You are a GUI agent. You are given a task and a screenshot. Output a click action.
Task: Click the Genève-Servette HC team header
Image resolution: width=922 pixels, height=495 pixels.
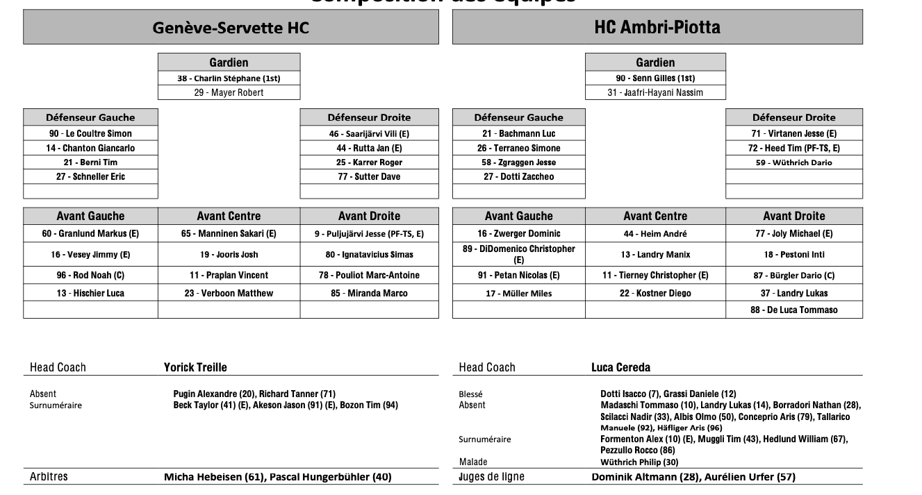point(231,28)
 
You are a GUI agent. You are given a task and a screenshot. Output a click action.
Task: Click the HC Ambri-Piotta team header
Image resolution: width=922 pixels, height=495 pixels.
point(657,28)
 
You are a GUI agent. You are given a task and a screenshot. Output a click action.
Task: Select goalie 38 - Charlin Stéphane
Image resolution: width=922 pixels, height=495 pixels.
point(229,78)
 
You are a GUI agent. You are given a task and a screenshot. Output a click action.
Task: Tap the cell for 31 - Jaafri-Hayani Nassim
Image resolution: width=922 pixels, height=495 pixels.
point(655,92)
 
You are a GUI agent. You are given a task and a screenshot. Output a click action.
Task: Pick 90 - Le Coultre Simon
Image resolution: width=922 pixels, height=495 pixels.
point(90,133)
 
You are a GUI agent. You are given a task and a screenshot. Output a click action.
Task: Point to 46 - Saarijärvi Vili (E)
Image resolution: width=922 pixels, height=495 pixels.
point(369,133)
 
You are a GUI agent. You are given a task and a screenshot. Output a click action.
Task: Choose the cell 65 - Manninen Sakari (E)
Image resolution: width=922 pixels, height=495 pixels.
point(229,234)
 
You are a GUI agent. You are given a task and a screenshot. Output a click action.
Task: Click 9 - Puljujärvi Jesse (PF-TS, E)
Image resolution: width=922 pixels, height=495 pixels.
point(369,234)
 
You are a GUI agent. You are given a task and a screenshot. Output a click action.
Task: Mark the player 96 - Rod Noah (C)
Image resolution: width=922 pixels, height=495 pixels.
point(90,275)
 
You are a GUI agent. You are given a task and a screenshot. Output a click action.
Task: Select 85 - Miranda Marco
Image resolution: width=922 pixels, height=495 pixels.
point(369,293)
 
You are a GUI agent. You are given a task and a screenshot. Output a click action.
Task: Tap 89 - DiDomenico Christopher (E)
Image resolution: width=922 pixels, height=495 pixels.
point(518,254)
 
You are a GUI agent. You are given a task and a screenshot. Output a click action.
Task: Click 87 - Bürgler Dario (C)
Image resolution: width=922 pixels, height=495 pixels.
point(794,275)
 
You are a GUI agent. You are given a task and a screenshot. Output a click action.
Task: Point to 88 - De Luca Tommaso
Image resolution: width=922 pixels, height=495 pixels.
point(794,310)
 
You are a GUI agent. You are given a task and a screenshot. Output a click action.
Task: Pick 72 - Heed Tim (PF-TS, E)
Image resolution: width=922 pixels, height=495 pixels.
point(794,148)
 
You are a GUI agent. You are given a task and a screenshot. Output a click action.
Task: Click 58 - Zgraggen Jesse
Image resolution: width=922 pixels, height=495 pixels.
point(518,162)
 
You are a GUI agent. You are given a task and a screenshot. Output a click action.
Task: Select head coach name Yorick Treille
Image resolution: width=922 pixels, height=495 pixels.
point(195,367)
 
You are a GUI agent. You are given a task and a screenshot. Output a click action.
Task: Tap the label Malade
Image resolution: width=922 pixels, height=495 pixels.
point(473,462)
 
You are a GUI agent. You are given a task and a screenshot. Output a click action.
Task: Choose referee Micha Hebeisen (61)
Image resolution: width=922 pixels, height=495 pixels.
point(214,477)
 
